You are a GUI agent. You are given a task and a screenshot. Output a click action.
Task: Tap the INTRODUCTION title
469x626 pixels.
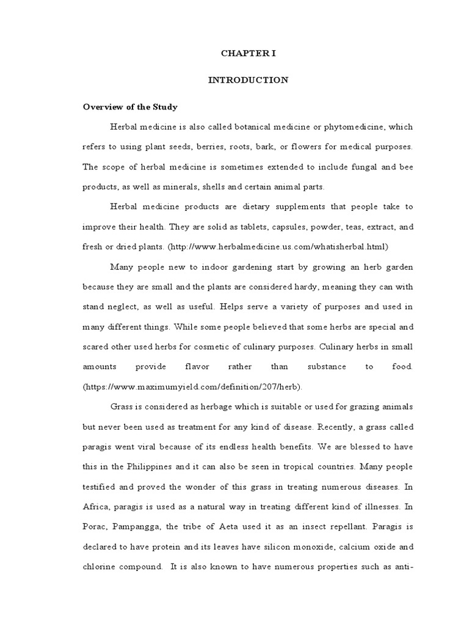(x=248, y=80)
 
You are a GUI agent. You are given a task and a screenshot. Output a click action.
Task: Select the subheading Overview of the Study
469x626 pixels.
(x=130, y=107)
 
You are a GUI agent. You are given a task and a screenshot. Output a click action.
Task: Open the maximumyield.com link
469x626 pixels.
(x=193, y=387)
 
